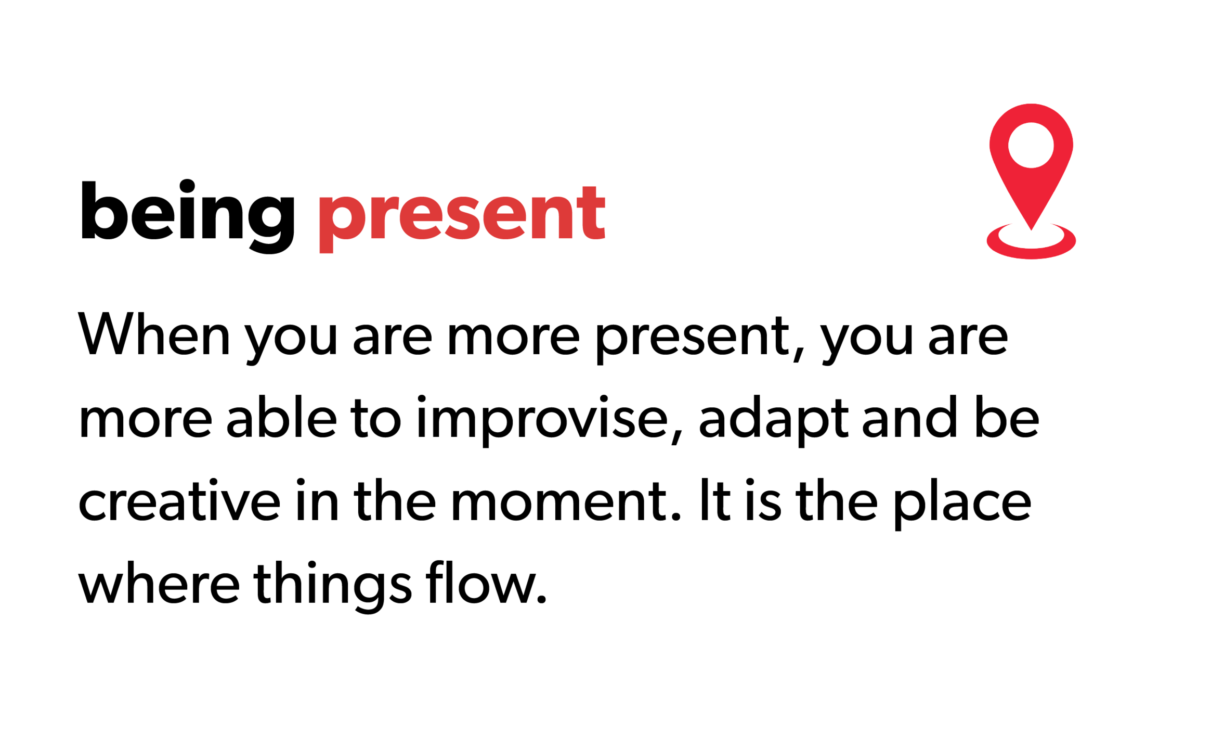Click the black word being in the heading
pyautogui.click(x=188, y=216)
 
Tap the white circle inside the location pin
pyautogui.click(x=1031, y=145)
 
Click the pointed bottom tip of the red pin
pyautogui.click(x=1032, y=229)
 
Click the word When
pyautogui.click(x=154, y=334)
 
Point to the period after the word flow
pyautogui.click(x=541, y=600)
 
